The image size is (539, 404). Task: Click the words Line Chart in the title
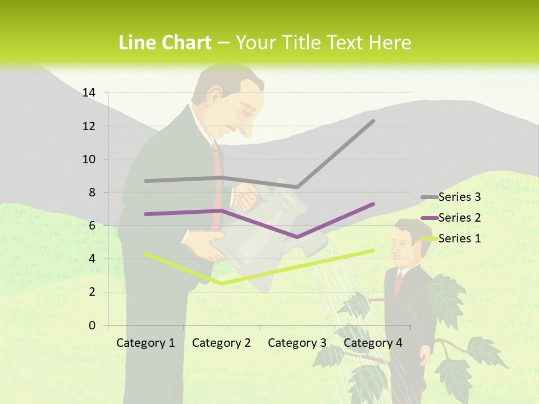pos(165,43)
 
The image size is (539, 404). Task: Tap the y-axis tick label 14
pos(89,93)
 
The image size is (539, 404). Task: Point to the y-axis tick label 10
pos(89,159)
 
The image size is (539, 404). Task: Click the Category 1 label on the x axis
pos(145,343)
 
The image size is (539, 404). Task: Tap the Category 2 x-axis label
pos(221,343)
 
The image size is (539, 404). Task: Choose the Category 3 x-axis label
pos(297,343)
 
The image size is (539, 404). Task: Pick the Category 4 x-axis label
pos(373,343)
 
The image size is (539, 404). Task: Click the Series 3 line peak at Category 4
pos(373,121)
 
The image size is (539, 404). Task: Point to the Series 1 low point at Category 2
pos(221,283)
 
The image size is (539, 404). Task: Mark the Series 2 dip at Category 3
pos(297,237)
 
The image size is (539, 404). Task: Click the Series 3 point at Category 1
pos(145,181)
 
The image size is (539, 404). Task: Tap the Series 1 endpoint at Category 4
pos(373,251)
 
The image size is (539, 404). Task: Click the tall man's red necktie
pos(216,185)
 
